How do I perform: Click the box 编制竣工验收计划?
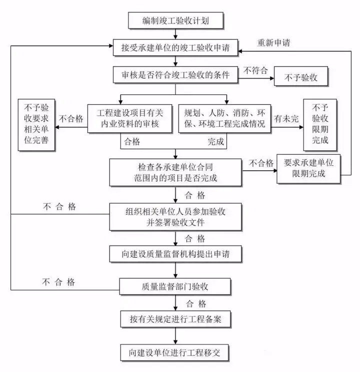click(175, 21)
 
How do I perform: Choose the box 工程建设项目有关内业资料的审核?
click(129, 118)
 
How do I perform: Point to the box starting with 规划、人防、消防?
click(224, 118)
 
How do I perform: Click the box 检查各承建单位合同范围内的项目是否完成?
click(175, 171)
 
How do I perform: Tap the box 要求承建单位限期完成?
click(308, 168)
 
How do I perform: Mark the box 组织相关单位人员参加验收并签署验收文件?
click(175, 216)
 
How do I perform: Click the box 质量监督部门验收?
click(175, 286)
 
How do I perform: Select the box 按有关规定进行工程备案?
click(175, 318)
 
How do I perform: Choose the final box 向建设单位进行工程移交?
click(175, 353)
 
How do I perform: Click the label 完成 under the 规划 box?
click(216, 142)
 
